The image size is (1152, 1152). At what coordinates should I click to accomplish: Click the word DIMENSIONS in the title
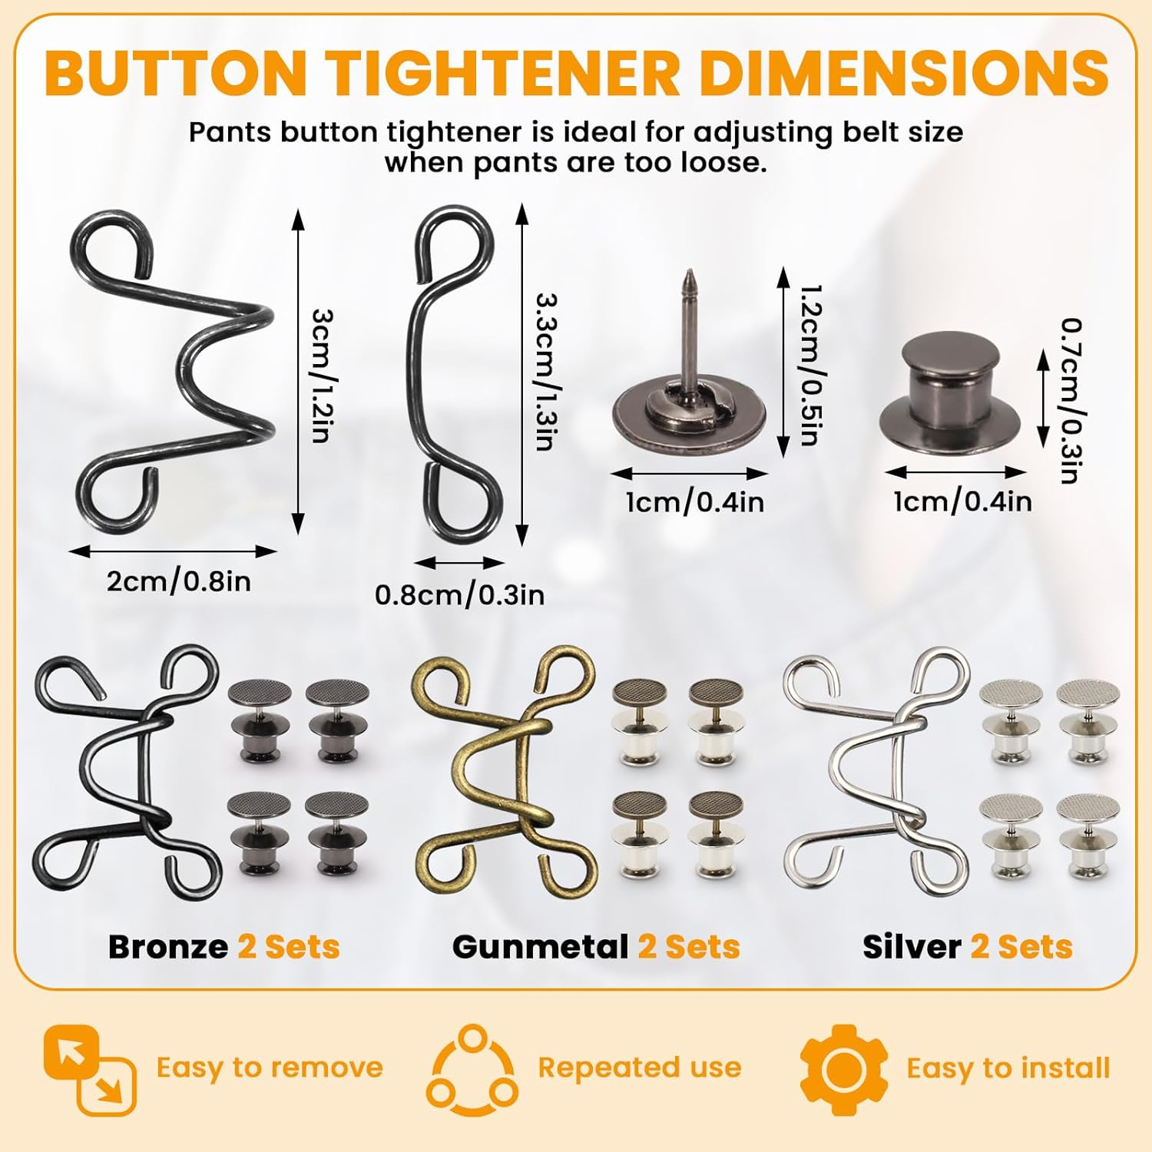point(904,71)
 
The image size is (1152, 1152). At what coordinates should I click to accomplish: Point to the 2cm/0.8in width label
point(179,581)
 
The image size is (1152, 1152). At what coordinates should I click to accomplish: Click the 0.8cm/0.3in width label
point(459,594)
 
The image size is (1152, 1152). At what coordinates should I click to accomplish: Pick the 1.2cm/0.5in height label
point(811,366)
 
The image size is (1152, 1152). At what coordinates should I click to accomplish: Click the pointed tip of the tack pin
point(690,271)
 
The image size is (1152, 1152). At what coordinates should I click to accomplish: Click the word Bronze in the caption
point(168,947)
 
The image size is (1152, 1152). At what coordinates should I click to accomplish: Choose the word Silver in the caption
point(912,947)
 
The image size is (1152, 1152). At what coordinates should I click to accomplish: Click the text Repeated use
point(640,1068)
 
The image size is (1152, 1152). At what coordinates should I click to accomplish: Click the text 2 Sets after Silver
point(1021,947)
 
